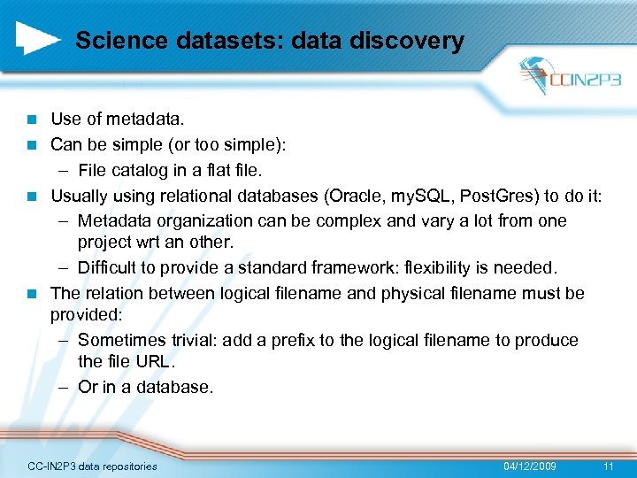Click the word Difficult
click(109, 268)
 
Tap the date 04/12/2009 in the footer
click(529, 466)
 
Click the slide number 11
click(607, 466)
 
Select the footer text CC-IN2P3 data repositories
click(92, 466)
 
